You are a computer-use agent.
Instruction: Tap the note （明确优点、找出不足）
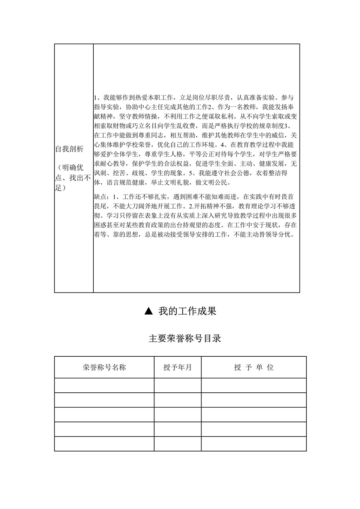point(73,177)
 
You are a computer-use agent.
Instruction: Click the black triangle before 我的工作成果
point(149,311)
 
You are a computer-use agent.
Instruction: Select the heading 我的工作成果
point(187,311)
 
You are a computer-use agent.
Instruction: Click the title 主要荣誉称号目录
point(185,338)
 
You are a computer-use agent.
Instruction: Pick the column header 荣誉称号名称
point(104,367)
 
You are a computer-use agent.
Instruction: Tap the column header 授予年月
point(177,367)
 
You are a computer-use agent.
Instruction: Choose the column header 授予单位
point(253,367)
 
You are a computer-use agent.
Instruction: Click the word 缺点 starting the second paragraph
point(100,197)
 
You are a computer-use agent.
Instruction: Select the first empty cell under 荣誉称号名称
point(104,385)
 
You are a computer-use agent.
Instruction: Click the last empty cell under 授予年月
point(177,444)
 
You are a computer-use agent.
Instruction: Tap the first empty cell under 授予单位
point(253,385)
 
